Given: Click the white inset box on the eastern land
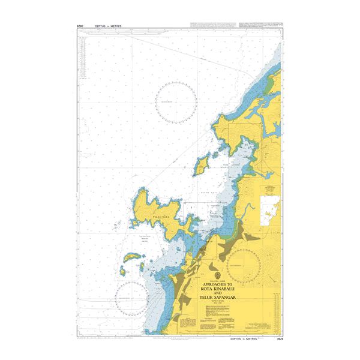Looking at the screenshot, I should [x=270, y=204].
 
